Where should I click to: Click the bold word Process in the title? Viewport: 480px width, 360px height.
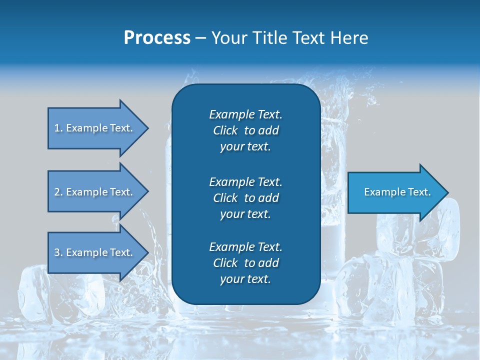coord(157,38)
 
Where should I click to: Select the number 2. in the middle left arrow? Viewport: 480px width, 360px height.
coord(58,192)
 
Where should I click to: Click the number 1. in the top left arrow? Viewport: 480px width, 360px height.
coord(58,128)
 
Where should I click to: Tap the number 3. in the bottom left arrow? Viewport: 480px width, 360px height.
coord(58,252)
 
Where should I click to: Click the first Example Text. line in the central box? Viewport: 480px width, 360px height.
coord(245,114)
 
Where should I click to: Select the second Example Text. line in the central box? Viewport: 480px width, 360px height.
coord(245,181)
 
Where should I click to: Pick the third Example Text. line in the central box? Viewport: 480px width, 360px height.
coord(245,247)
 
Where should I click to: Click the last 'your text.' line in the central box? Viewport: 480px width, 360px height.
coord(245,279)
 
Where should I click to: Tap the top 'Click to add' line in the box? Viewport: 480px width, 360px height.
coord(245,130)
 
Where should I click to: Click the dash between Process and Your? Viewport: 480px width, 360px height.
coord(200,38)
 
